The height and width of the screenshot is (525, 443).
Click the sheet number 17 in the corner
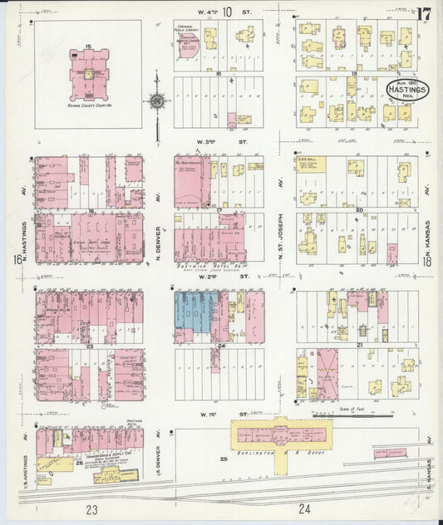coord(424,14)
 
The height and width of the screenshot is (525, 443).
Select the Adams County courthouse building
coord(86,76)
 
